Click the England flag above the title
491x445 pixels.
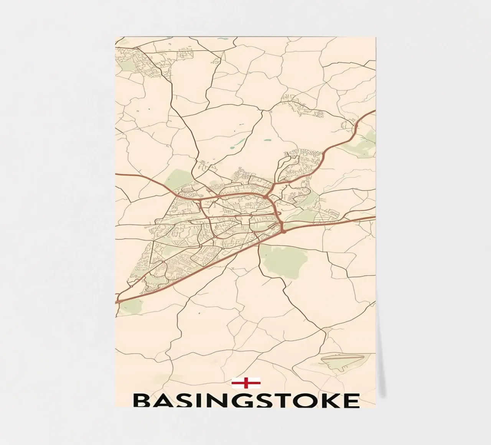click(246, 383)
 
